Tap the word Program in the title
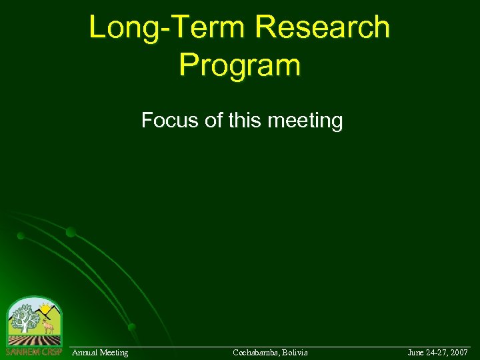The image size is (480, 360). coord(239,65)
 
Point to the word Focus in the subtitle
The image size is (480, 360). coord(163,121)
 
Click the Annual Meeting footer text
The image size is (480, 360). coord(100,352)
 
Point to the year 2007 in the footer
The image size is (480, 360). coord(458,352)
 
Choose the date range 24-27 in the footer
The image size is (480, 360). coord(437,352)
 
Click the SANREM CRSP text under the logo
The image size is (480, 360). coord(33,352)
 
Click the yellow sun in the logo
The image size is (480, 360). coord(45,309)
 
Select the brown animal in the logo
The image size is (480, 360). coord(48,326)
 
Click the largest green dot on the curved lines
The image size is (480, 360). coord(71,232)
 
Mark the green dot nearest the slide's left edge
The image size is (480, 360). coord(21,235)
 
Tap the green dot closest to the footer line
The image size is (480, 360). coord(132,327)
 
